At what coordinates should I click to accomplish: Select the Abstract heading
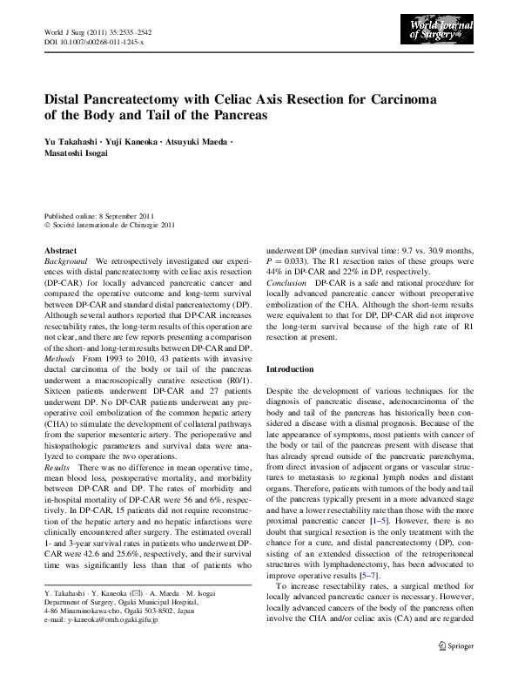pyautogui.click(x=60, y=250)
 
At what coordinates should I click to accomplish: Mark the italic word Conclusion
pyautogui.click(x=286, y=284)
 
